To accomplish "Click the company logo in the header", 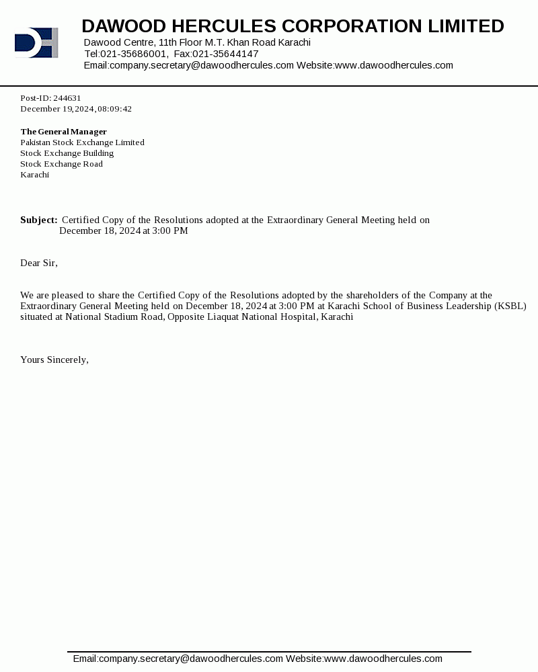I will [x=36, y=42].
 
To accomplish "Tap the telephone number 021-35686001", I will [x=134, y=54].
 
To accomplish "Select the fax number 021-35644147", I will [x=225, y=54].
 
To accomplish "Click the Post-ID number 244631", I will [x=67, y=98].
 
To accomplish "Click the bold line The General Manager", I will [x=63, y=132].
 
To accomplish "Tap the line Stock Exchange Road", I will [x=61, y=164].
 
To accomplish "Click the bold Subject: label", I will [x=38, y=220].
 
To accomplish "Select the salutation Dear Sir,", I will [x=39, y=263].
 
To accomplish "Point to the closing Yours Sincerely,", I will [x=54, y=360].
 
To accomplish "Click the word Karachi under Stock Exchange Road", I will [x=34, y=175].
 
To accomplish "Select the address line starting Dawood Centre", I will [x=197, y=42].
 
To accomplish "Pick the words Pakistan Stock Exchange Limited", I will [x=82, y=142].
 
